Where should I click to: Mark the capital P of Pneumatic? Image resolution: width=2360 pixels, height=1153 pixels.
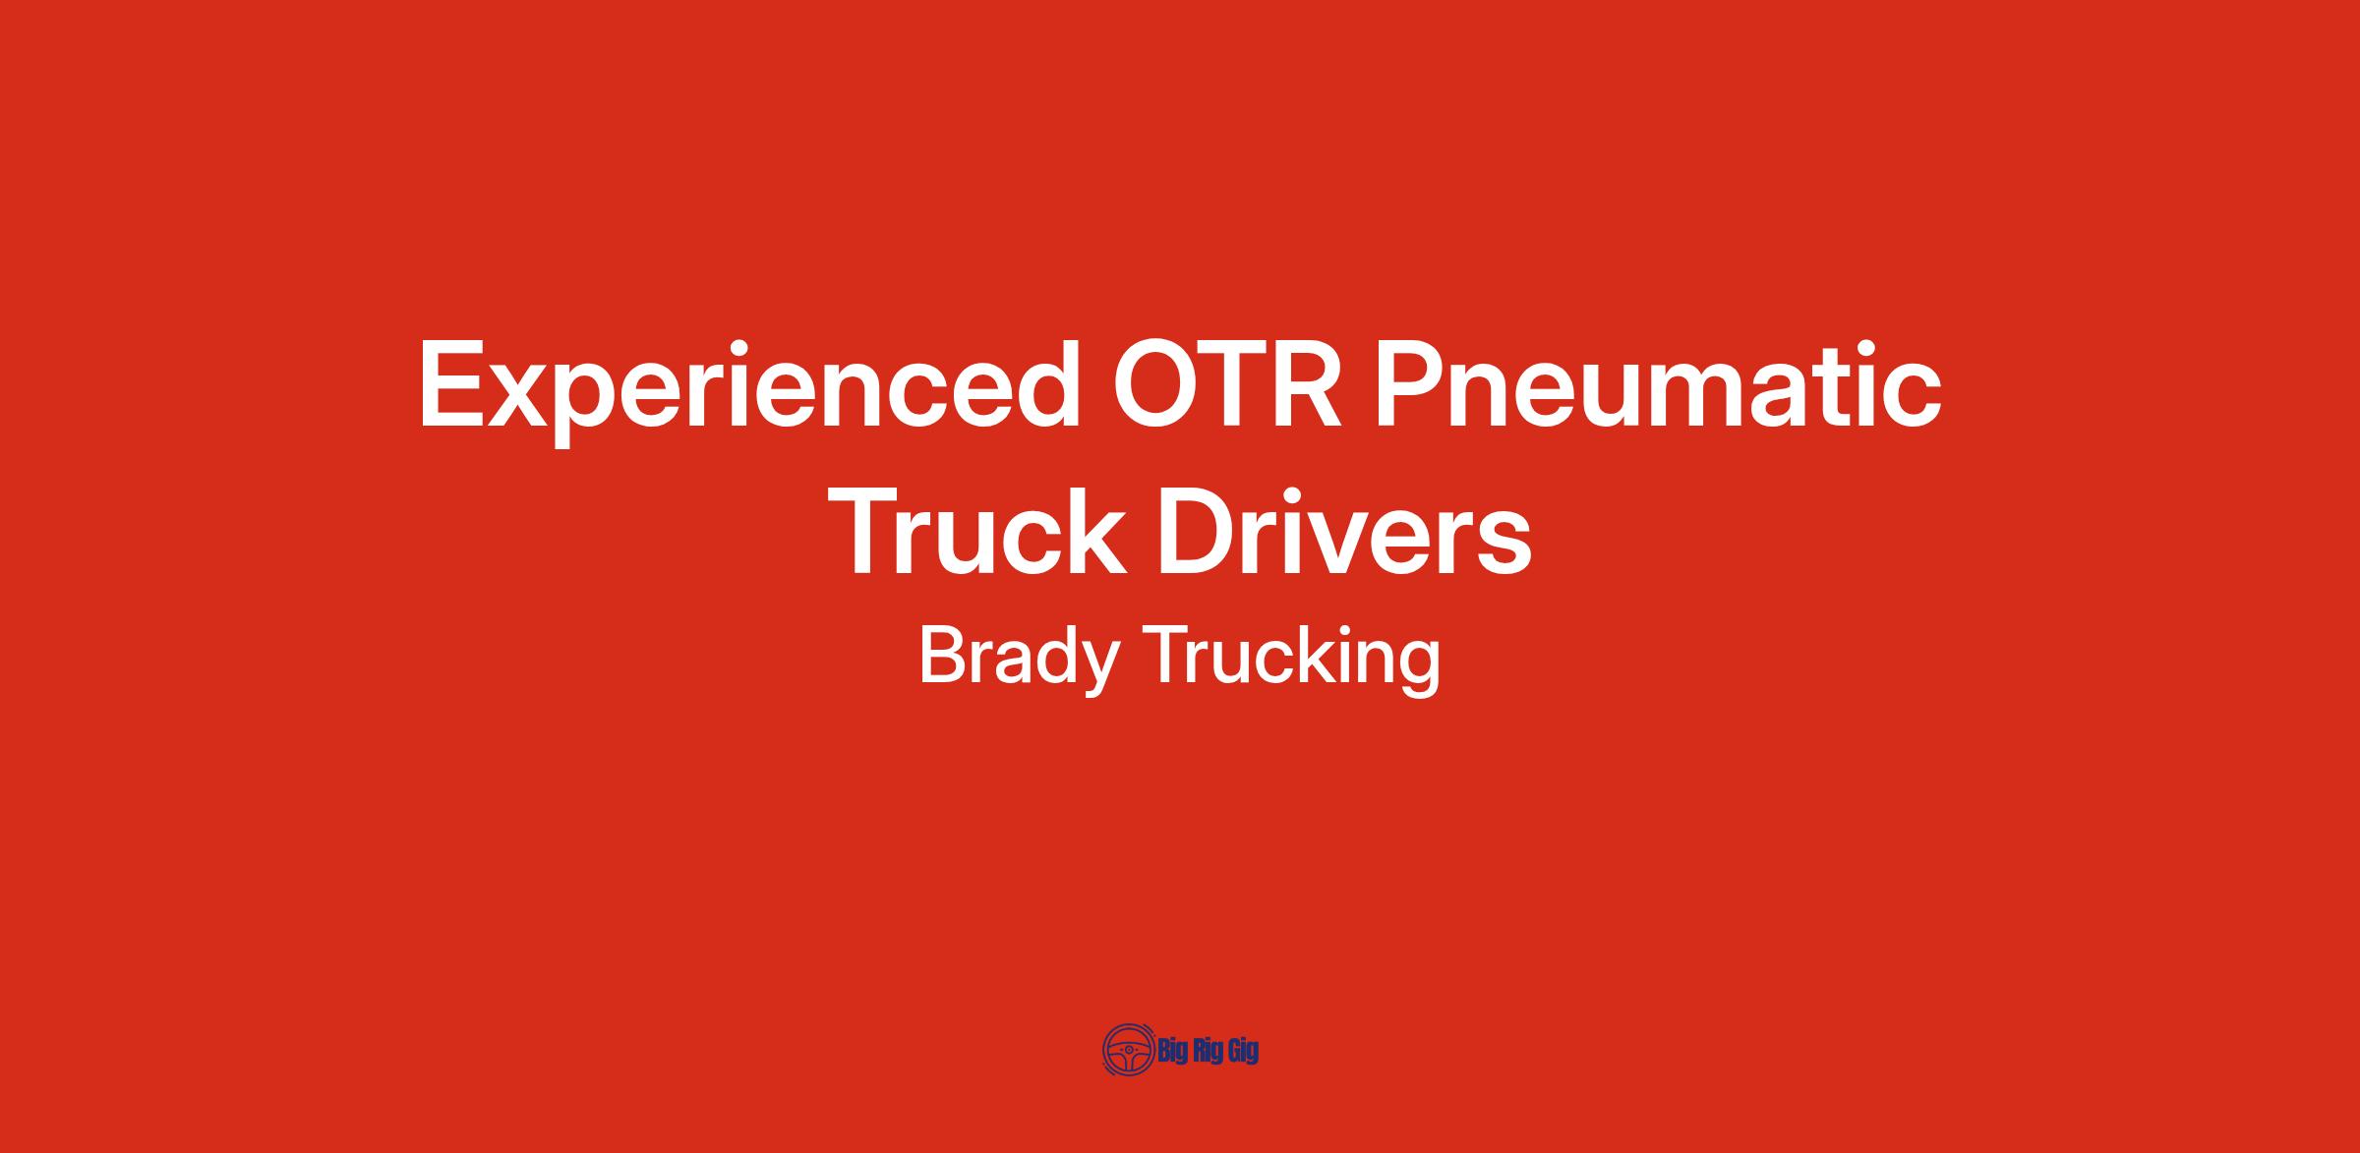(x=1410, y=383)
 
